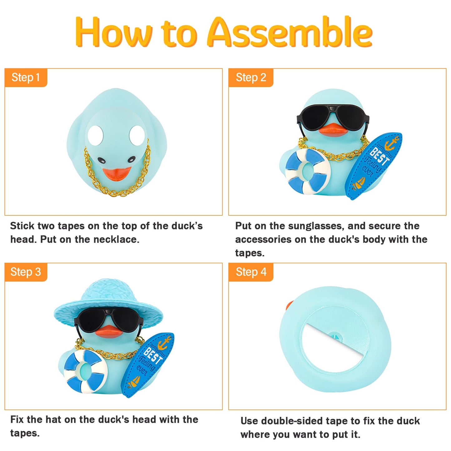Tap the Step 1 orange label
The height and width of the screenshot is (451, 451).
click(26, 77)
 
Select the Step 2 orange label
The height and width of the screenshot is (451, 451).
click(251, 77)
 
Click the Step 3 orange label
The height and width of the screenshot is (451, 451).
click(26, 272)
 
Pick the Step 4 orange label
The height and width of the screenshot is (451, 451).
click(251, 272)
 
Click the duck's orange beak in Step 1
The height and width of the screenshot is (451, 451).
click(117, 174)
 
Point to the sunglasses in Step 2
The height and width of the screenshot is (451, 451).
click(333, 117)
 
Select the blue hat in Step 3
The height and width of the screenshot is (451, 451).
click(108, 300)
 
